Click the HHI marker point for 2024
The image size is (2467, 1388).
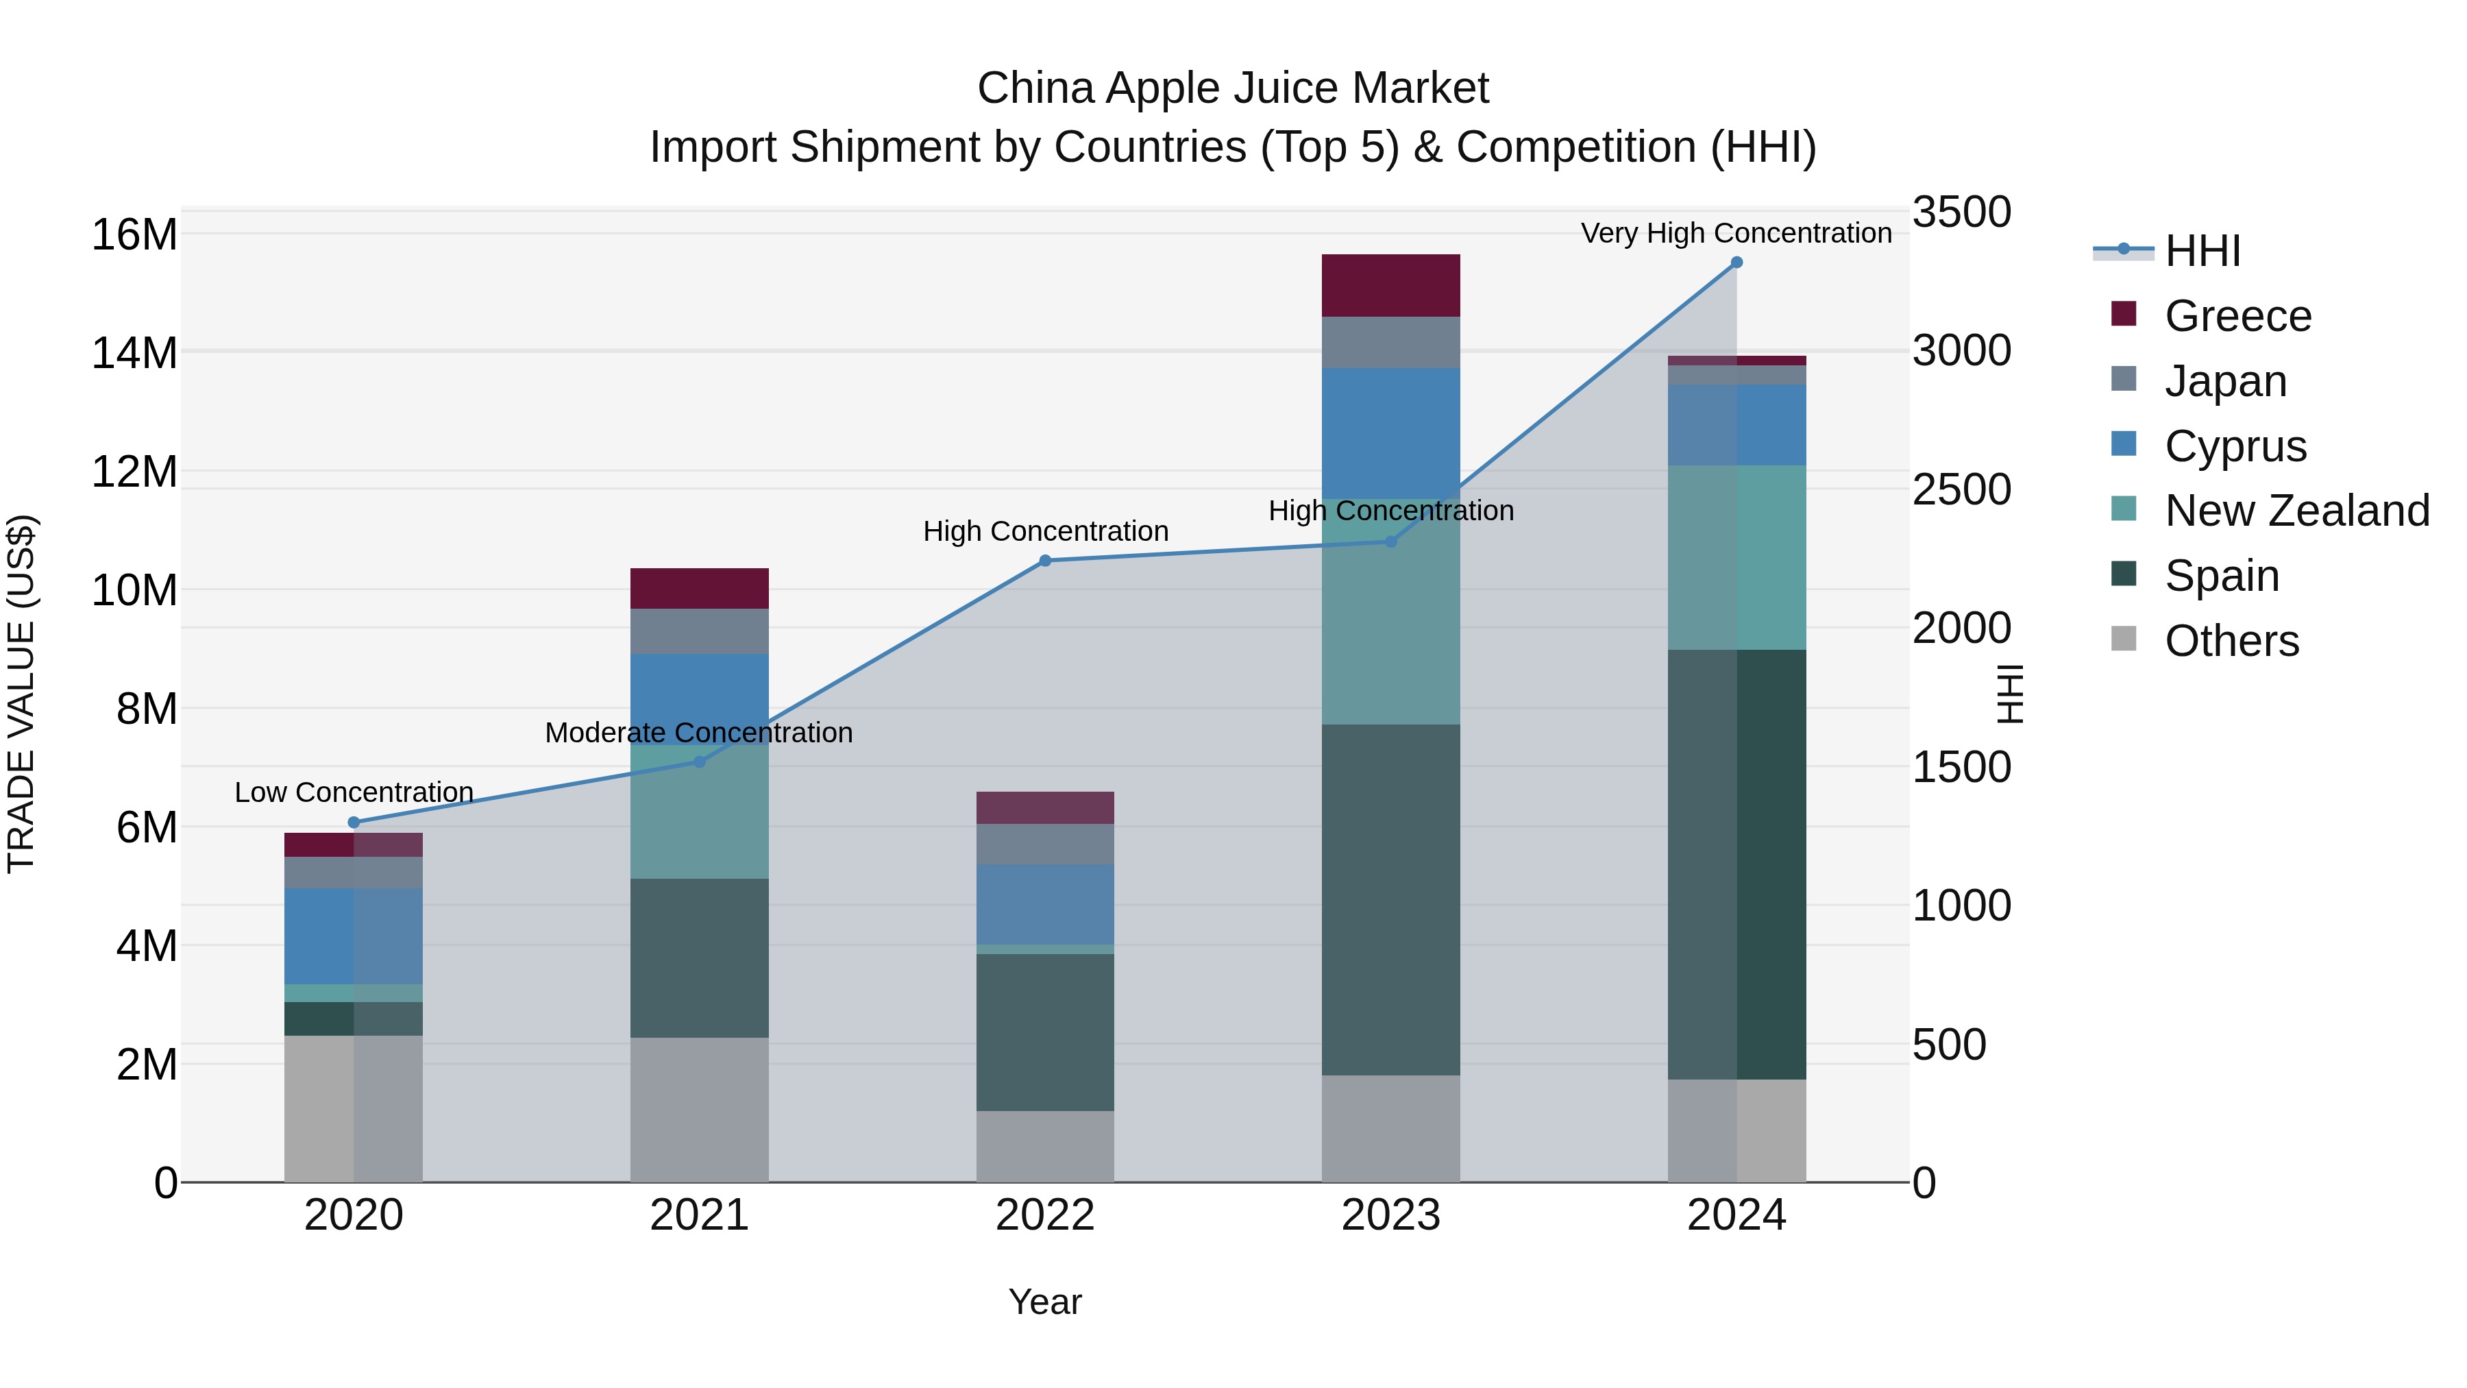point(1736,263)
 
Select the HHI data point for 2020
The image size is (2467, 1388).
point(354,822)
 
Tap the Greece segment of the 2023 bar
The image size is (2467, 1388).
point(1390,285)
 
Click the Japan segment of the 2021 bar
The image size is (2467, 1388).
point(699,631)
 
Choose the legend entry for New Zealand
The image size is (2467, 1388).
point(2296,511)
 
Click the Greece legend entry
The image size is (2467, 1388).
point(2237,316)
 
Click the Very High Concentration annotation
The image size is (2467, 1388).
point(1736,233)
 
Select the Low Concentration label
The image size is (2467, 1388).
point(354,792)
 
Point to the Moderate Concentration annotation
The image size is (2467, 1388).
point(699,733)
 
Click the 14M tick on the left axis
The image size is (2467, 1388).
point(134,352)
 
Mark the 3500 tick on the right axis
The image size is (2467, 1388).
point(1961,212)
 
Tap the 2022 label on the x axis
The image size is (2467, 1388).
point(1045,1215)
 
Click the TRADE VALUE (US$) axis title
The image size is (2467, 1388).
point(21,694)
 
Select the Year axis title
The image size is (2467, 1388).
point(1045,1302)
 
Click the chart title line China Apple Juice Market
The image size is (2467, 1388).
point(1233,88)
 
